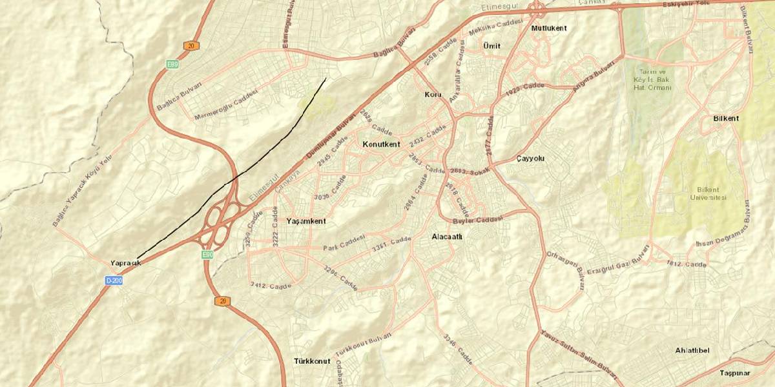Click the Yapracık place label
(x=125, y=263)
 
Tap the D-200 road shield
(x=114, y=281)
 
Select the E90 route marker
(x=207, y=255)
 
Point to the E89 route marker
(x=172, y=64)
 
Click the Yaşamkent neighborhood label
(x=306, y=221)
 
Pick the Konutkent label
(x=382, y=143)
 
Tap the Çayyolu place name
(x=532, y=159)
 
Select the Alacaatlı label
(x=447, y=237)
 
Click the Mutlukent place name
(x=548, y=28)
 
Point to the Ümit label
(x=491, y=46)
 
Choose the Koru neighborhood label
(x=432, y=95)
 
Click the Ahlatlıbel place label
(x=692, y=350)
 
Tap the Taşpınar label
(x=735, y=373)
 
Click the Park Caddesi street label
(x=344, y=243)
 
